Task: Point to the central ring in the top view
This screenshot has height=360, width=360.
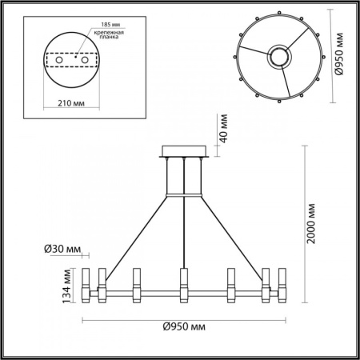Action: pos(279,57)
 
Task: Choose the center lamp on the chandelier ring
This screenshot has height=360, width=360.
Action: pos(183,284)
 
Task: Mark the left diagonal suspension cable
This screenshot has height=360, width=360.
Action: pos(136,232)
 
